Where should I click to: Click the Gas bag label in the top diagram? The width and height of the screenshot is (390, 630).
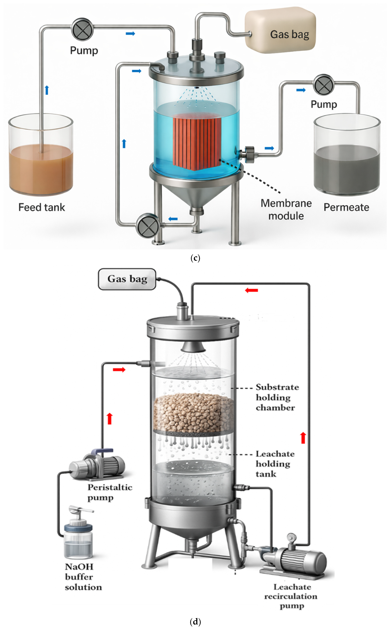[x=289, y=34]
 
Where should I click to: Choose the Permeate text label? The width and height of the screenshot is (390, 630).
[x=346, y=207]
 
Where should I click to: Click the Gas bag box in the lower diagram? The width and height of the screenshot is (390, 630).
[x=127, y=279]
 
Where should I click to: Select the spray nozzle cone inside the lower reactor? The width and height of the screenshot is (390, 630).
[x=193, y=347]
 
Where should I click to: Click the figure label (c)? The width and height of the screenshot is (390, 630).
[x=195, y=258]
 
